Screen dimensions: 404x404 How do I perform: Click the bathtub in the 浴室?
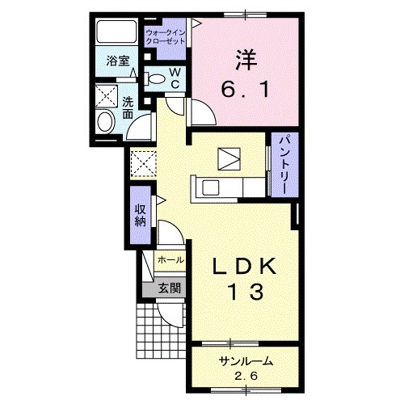(x=116, y=32)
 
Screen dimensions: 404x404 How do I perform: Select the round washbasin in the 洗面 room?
(x=105, y=122)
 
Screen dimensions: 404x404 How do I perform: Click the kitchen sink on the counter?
(x=211, y=187)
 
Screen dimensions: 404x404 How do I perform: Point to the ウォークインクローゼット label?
(x=166, y=37)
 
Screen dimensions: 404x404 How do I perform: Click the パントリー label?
(x=284, y=165)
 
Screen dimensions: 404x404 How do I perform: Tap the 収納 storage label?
(x=141, y=216)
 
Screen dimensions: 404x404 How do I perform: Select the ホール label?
(x=170, y=260)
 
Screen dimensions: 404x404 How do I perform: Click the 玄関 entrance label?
(x=169, y=288)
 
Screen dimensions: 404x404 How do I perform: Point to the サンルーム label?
(x=246, y=361)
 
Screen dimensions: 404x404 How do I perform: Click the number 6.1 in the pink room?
(x=245, y=90)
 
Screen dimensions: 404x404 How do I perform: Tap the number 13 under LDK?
(x=246, y=292)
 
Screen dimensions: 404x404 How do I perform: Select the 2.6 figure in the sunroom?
(x=246, y=376)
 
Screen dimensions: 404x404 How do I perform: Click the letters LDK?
(x=245, y=267)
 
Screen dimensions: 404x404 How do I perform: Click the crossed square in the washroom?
(x=107, y=96)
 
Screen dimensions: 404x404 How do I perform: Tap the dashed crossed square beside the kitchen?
(x=143, y=164)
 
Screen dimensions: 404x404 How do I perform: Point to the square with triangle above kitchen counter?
(x=229, y=159)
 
